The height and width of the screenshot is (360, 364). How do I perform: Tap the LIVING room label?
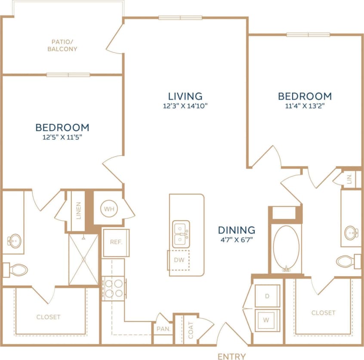(x=185, y=96)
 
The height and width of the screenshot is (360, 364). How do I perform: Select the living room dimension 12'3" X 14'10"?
(x=185, y=107)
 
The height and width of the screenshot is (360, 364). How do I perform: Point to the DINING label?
(x=236, y=230)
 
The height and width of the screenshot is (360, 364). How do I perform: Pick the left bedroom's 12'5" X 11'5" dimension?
(x=62, y=138)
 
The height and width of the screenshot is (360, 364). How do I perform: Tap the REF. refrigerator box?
(x=116, y=242)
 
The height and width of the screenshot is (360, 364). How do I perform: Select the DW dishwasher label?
(x=179, y=259)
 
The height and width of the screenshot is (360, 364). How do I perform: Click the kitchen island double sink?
(x=181, y=234)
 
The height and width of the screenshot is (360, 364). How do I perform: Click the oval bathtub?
(x=286, y=248)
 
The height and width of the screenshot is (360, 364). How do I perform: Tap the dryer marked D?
(x=267, y=296)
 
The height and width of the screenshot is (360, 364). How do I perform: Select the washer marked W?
(x=267, y=320)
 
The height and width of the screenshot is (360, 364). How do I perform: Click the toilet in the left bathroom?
(x=16, y=270)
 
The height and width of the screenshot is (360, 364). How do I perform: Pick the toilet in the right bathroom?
(x=347, y=261)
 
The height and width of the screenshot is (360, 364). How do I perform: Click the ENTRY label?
(x=231, y=356)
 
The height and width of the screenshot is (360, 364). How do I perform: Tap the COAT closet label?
(x=191, y=330)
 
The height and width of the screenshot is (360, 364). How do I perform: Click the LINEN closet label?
(x=78, y=211)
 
